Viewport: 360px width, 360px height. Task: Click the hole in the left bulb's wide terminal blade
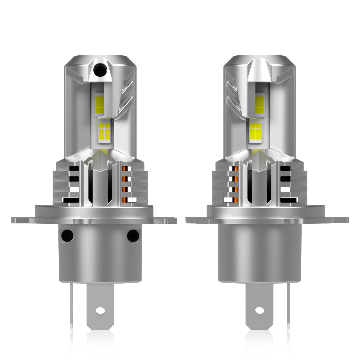pyautogui.click(x=100, y=310)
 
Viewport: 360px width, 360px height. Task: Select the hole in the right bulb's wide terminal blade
pyautogui.click(x=259, y=310)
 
